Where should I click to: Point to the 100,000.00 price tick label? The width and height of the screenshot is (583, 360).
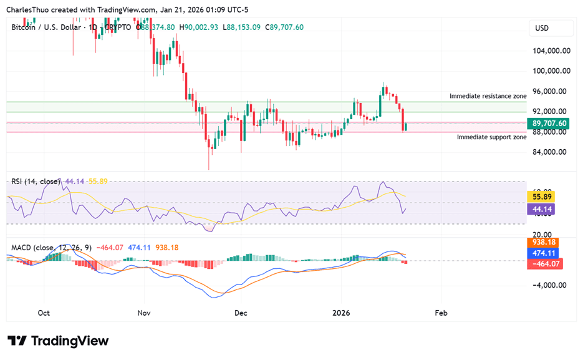tap(549, 71)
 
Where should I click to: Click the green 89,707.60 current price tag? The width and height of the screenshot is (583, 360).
tap(549, 124)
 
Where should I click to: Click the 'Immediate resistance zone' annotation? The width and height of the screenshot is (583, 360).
tap(488, 96)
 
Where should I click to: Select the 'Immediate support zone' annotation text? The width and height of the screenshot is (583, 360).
tap(491, 137)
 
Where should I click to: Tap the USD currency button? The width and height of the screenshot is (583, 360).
tap(542, 28)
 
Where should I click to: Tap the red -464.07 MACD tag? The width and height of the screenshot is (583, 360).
tap(542, 264)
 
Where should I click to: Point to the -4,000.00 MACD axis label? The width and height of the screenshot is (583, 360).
tap(549, 285)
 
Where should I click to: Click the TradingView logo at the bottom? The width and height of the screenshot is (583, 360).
tap(58, 341)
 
